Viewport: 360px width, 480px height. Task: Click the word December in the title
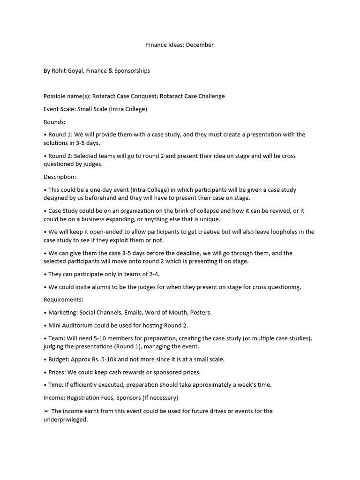pyautogui.click(x=200, y=45)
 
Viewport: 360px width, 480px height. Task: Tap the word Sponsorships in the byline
pyautogui.click(x=131, y=71)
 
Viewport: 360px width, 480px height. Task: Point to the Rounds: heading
pyautogui.click(x=54, y=122)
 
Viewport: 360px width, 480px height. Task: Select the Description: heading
pyautogui.click(x=60, y=177)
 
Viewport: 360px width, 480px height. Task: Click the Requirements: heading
pyautogui.click(x=63, y=300)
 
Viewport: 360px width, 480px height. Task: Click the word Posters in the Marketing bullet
pyautogui.click(x=201, y=312)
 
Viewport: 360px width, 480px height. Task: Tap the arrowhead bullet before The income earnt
pyautogui.click(x=46, y=411)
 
